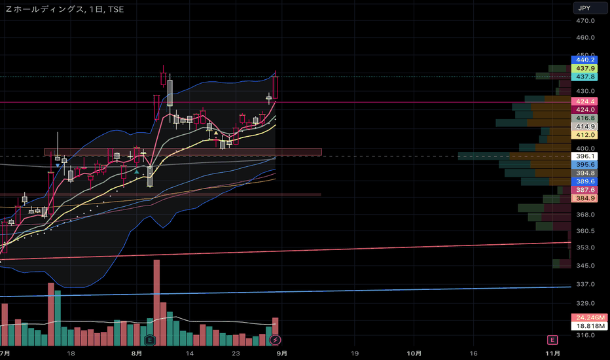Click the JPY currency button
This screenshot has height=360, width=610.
(584, 8)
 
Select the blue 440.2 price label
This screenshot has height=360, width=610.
(584, 59)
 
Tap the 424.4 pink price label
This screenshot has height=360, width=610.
(584, 101)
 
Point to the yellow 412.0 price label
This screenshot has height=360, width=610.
(584, 135)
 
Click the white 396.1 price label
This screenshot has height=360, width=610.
(584, 156)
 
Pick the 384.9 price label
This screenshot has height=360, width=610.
(584, 198)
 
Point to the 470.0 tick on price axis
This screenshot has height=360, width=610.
(584, 20)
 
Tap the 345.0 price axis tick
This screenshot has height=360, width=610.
(584, 265)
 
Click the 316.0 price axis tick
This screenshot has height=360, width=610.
(584, 334)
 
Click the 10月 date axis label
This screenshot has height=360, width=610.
(413, 353)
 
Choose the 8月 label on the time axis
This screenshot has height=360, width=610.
(135, 353)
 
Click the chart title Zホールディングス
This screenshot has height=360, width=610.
(45, 9)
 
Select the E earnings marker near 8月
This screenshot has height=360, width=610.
(150, 340)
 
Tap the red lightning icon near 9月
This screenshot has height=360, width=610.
(276, 340)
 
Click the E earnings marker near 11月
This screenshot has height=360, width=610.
(552, 340)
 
